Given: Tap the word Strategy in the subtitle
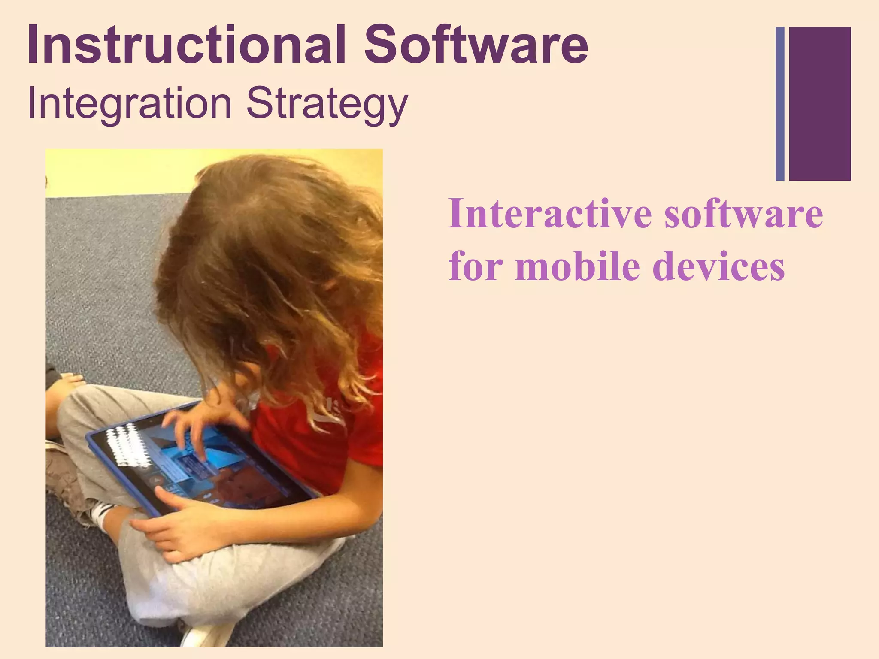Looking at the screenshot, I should pos(327,104).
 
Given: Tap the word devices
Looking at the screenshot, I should pos(718,266).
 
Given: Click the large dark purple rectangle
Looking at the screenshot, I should pos(820,103).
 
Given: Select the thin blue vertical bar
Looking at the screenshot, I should pos(780,103).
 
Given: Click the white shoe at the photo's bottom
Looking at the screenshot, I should pos(206,635).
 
